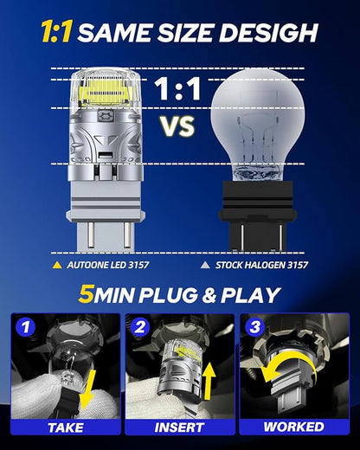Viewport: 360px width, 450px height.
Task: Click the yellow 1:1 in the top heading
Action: coord(56,32)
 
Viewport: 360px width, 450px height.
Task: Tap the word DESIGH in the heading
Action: coord(268,32)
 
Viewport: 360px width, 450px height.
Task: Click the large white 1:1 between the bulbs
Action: coord(177,89)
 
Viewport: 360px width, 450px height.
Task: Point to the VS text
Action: coord(177,126)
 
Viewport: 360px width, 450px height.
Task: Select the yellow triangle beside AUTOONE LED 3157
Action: coord(57,265)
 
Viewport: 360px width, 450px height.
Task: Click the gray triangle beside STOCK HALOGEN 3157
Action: coord(205,265)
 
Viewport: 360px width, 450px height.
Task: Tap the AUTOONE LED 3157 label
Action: coord(108,265)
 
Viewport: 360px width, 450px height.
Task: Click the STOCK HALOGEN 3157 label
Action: coord(261,265)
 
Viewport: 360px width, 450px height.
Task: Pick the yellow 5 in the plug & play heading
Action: coord(87,295)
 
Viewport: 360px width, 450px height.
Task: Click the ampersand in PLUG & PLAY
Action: coord(209,295)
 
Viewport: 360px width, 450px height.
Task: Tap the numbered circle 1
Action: coord(26,327)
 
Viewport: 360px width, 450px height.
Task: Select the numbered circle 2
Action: coord(140,327)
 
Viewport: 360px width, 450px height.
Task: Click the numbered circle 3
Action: coord(254,327)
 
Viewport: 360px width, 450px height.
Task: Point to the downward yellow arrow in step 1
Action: coord(88,389)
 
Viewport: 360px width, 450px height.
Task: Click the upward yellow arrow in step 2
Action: coord(209,381)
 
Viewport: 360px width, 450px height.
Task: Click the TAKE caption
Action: coord(66,427)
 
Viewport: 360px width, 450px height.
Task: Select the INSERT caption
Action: coord(180,427)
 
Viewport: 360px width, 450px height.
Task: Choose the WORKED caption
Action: coord(294,427)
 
